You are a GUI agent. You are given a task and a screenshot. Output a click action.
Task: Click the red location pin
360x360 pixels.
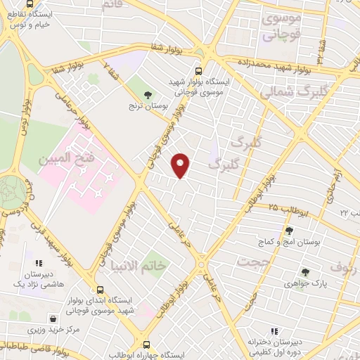click(x=181, y=165)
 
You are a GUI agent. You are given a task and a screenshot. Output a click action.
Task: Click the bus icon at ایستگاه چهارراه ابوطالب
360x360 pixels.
click(x=146, y=345)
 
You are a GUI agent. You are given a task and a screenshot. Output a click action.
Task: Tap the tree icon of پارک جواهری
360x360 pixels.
click(x=304, y=273)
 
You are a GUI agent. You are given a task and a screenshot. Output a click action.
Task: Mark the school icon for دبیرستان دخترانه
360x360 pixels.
click(x=274, y=331)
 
